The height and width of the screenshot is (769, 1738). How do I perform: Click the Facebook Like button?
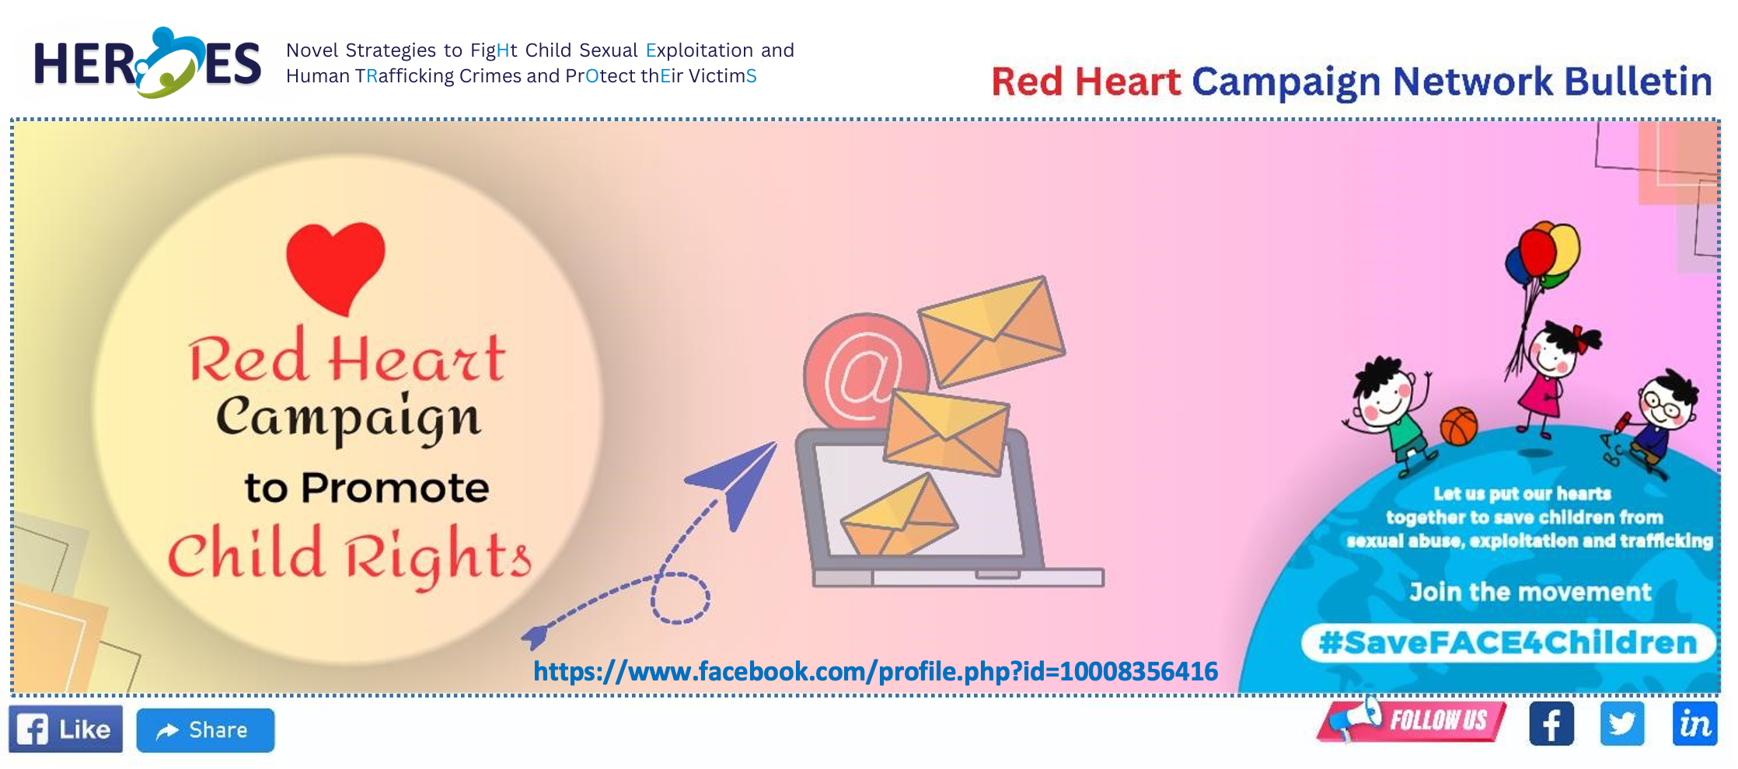tap(66, 729)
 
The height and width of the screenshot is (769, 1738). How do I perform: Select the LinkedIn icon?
tap(1694, 724)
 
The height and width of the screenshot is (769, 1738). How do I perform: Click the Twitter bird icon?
tap(1622, 724)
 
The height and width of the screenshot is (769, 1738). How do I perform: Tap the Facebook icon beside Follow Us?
tap(1551, 724)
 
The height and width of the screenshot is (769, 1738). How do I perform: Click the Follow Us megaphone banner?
tap(1412, 719)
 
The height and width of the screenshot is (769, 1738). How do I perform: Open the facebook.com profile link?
tap(875, 671)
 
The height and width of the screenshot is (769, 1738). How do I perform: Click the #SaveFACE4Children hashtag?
tap(1508, 643)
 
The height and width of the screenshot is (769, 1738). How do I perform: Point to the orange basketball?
tap(1459, 426)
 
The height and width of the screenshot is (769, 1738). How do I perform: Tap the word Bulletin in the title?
tap(1638, 82)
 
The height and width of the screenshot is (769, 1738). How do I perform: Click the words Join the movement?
tap(1530, 592)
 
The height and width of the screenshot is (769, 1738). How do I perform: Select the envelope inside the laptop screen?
tap(899, 517)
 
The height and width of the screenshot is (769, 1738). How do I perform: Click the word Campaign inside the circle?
tap(348, 419)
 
